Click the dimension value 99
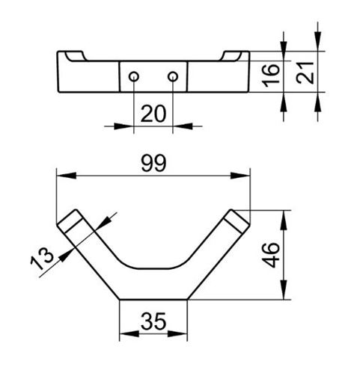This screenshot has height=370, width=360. (153, 163)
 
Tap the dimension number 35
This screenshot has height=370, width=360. (153, 321)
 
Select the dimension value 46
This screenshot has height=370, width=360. (271, 255)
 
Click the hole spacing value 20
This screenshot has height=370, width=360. (153, 114)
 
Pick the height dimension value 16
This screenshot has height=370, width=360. (271, 75)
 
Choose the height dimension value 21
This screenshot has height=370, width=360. (305, 73)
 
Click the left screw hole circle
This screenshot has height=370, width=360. (134, 76)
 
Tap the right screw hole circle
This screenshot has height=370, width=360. (173, 76)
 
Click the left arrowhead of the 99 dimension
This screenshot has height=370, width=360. (67, 176)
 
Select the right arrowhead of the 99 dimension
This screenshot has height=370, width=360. (240, 176)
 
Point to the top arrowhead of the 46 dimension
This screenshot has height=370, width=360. (284, 220)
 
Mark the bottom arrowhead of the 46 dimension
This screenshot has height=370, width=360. (284, 290)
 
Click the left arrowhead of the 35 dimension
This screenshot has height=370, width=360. (129, 334)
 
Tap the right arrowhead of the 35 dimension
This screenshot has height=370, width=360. (177, 334)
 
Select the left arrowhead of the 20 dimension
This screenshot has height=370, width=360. (123, 126)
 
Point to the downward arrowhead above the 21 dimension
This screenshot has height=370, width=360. (317, 41)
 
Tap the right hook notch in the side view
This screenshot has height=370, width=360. (231, 56)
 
